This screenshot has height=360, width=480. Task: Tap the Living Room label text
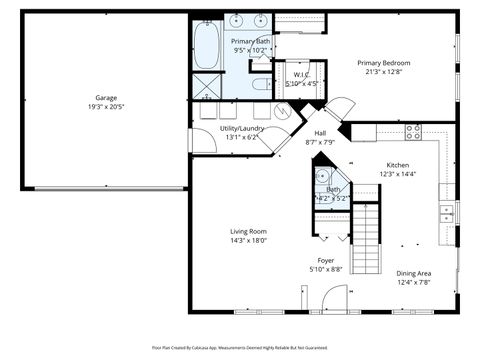248,231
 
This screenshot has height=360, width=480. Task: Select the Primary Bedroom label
389,62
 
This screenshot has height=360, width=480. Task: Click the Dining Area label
413,273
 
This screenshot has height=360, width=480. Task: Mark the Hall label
320,133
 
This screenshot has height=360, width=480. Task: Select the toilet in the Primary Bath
258,84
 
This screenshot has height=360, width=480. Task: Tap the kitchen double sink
447,213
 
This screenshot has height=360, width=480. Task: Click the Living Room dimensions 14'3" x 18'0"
248,240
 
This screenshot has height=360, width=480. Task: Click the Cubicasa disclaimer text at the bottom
239,348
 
